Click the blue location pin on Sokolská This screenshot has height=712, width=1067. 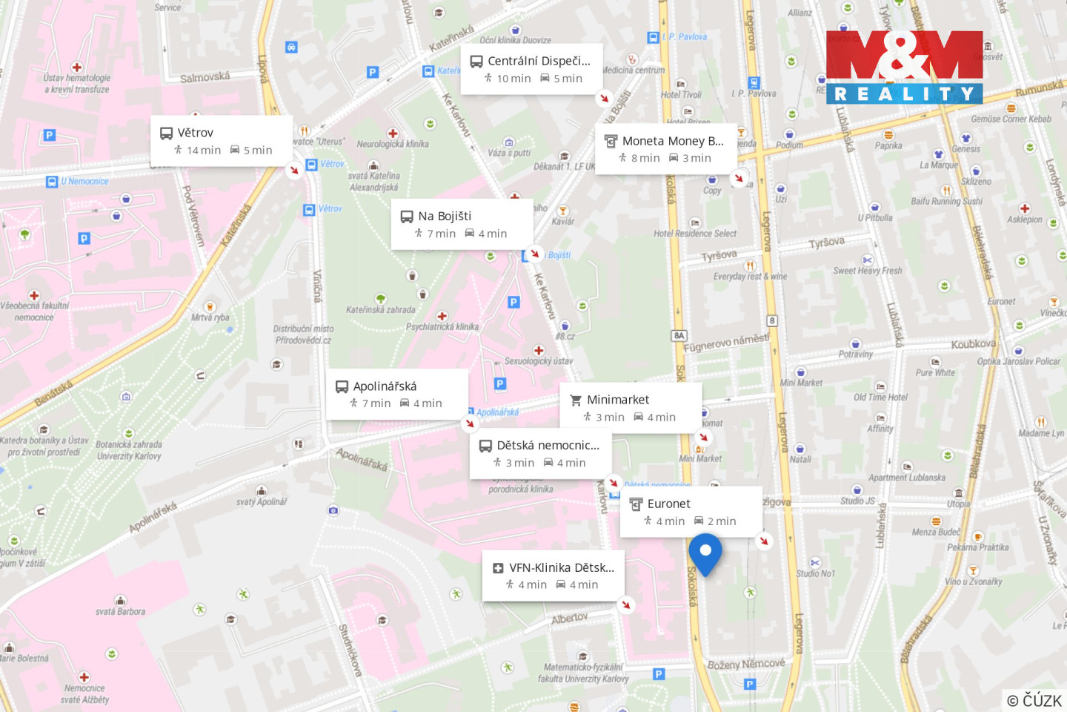pos(705,552)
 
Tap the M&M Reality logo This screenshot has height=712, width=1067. pos(904,67)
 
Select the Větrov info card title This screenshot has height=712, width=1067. pos(196,133)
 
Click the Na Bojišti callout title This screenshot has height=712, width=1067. pos(445,217)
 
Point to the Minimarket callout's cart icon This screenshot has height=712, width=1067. pos(576,400)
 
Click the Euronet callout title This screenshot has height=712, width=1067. pos(668,504)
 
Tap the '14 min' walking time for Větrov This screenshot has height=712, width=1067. pos(203,151)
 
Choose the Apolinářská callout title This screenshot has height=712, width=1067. pos(385,386)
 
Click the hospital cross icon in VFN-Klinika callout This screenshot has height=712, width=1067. pos(498,568)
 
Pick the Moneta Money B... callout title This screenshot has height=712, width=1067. pos(673,141)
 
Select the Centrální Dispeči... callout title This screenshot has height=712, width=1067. pos(539,61)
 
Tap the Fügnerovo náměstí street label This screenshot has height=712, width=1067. pos(725,343)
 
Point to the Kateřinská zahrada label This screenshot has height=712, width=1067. pos(381,310)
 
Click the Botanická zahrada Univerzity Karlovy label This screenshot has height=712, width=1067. pos(129,450)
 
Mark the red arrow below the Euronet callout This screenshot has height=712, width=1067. pos(764,541)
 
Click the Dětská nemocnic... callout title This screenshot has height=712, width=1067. pos(548,446)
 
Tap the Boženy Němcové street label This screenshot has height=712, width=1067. pos(745,664)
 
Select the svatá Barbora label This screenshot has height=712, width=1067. pos(120,612)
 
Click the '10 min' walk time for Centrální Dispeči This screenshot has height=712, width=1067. pos(513,79)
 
